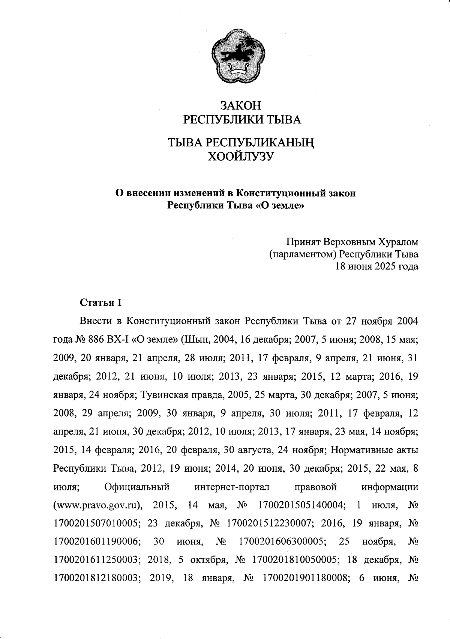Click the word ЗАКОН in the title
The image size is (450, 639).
coord(240,105)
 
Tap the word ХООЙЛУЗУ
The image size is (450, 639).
coord(240,156)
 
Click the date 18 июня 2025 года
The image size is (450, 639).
coord(376,266)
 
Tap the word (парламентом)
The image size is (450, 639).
coord(303,254)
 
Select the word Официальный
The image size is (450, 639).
coord(137,487)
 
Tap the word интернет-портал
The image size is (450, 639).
coord(232,487)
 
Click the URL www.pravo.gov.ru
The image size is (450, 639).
coord(99,505)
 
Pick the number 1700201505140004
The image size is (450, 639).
coord(301,505)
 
